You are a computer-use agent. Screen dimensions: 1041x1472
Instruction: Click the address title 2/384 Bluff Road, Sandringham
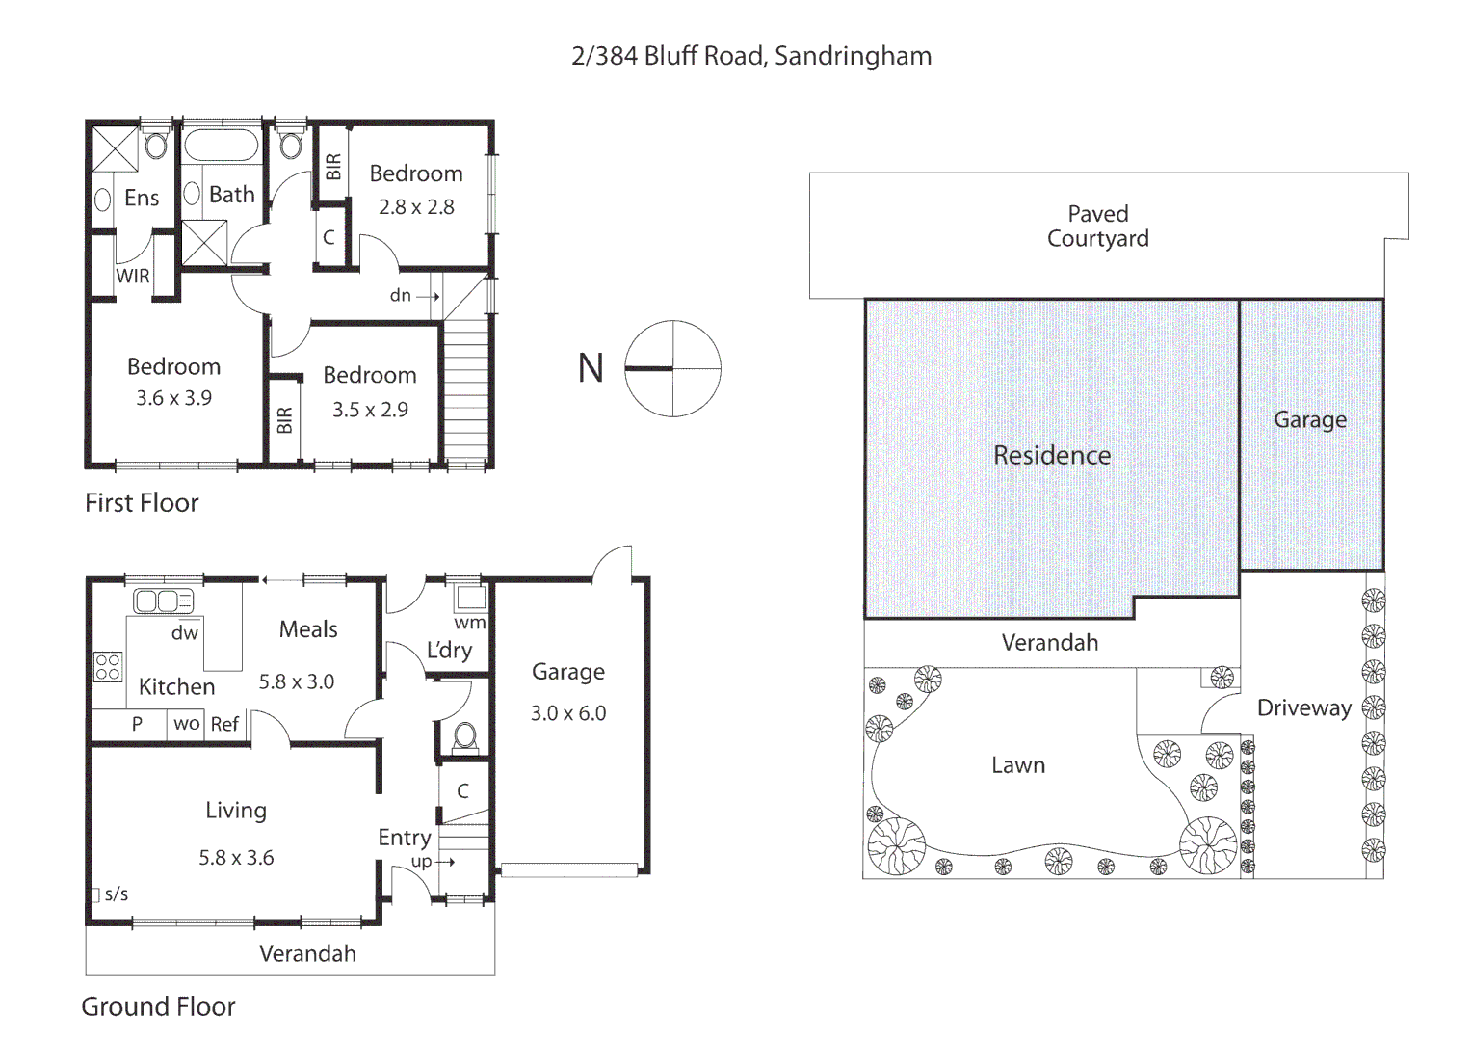click(751, 56)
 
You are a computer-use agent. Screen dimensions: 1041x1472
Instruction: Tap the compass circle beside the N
click(672, 368)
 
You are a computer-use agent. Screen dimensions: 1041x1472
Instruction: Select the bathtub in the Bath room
click(221, 146)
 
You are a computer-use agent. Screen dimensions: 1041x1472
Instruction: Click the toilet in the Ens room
click(155, 145)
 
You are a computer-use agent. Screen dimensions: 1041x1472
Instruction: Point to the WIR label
click(133, 276)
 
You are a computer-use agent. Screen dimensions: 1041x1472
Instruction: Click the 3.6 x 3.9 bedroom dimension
click(173, 398)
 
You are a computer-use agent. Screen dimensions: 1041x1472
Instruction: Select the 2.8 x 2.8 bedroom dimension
click(415, 207)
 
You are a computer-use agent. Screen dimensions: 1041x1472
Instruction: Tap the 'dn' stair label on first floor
click(401, 296)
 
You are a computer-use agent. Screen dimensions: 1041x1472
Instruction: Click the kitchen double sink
click(163, 601)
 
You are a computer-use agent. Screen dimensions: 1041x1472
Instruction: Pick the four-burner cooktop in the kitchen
click(108, 667)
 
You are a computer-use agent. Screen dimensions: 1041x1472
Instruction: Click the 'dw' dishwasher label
click(184, 633)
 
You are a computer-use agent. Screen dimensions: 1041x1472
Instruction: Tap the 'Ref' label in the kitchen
click(224, 724)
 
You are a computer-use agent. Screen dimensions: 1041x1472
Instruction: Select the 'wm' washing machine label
click(470, 623)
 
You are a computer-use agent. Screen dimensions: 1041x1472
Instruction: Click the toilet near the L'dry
click(464, 736)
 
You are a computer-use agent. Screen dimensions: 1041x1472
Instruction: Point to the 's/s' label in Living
click(116, 894)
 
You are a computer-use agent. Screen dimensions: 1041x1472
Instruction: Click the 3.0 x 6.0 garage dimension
click(567, 713)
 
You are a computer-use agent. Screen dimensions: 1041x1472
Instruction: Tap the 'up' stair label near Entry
click(422, 862)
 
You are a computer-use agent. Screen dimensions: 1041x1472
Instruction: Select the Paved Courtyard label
click(1097, 227)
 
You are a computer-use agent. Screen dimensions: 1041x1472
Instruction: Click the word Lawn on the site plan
click(1018, 765)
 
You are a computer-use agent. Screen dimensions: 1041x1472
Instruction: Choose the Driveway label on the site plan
click(1303, 708)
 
